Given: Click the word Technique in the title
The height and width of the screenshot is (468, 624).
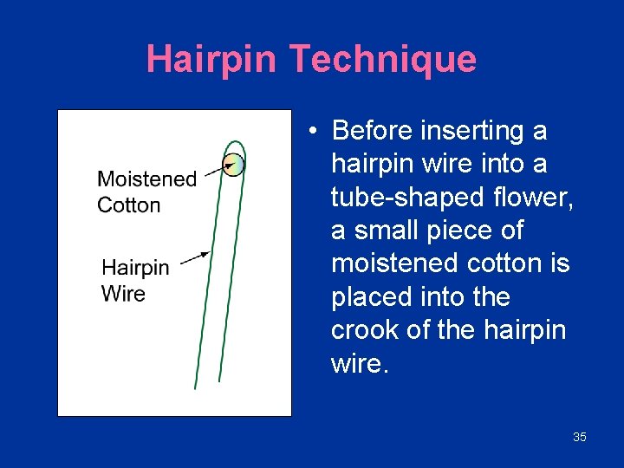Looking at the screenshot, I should click(x=382, y=59).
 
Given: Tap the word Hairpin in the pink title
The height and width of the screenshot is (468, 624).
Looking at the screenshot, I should click(x=212, y=59).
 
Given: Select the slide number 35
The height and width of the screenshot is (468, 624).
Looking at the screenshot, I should click(x=580, y=437).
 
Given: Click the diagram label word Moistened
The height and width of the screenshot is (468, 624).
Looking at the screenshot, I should click(x=146, y=179).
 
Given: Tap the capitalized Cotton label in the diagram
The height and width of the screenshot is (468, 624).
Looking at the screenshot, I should click(x=128, y=205).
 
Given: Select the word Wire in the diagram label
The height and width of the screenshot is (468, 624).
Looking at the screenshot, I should click(x=123, y=293).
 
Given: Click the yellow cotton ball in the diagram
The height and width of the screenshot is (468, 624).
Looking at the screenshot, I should click(x=233, y=164).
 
